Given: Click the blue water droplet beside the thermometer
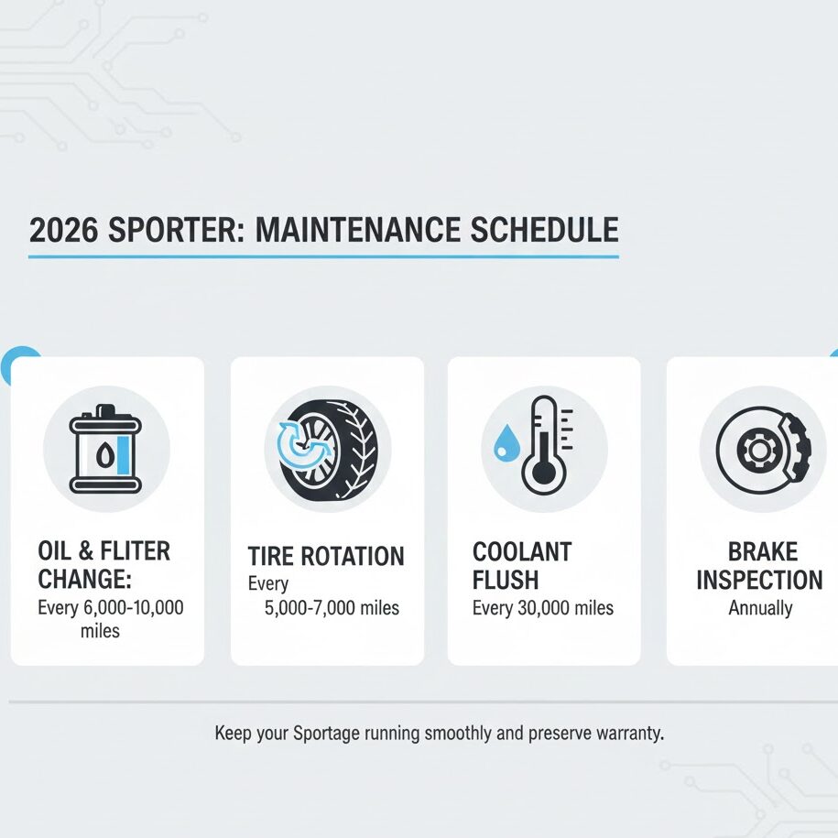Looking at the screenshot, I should click(504, 446).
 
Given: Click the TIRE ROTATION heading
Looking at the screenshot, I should click(326, 556).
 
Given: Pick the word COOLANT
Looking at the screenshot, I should click(522, 551).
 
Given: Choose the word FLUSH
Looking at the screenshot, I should click(506, 580).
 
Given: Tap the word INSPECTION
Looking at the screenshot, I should click(759, 580).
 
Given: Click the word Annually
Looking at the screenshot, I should click(760, 608).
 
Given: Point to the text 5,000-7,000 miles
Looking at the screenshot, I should click(332, 608).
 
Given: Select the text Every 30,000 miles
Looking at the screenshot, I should click(543, 608).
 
